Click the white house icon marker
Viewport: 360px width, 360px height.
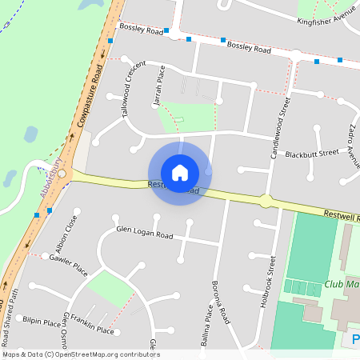180,173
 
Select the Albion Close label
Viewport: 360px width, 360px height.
72,233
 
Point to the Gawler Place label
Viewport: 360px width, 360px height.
68,265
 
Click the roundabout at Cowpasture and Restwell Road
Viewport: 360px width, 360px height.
62,173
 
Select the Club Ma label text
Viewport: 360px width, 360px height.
342,284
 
